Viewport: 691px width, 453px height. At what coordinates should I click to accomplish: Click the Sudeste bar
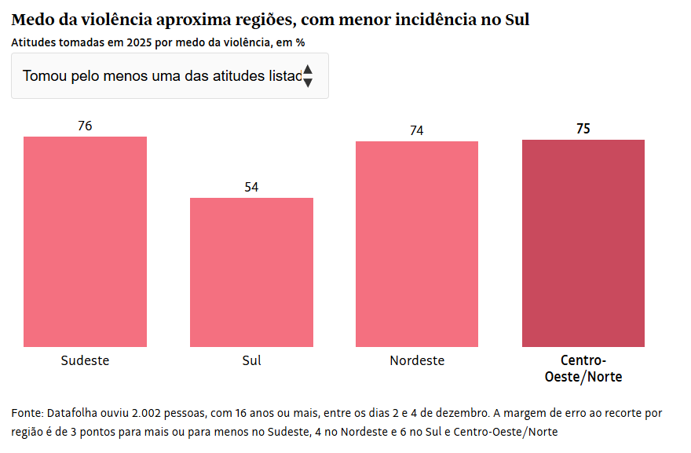85,241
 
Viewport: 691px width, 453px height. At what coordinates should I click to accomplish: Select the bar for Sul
251,272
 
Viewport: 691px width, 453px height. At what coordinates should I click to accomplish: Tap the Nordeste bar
417,243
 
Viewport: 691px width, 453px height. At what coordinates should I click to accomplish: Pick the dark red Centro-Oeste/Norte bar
583,243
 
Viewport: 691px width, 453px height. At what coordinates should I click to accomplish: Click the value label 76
85,126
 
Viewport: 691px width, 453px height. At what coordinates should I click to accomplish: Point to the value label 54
251,187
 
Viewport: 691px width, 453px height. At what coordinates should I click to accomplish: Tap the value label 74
417,130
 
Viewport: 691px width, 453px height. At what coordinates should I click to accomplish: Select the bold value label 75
583,129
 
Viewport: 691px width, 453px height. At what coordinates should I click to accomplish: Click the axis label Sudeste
85,360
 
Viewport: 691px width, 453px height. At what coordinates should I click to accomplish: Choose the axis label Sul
251,360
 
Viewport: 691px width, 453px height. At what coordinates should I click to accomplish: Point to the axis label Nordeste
417,360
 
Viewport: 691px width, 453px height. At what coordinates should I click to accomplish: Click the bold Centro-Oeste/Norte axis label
583,369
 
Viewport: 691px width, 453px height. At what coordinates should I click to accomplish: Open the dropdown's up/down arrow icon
308,75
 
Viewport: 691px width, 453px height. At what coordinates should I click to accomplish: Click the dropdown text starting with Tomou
162,76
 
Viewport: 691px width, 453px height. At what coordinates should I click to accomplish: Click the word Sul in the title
516,20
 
